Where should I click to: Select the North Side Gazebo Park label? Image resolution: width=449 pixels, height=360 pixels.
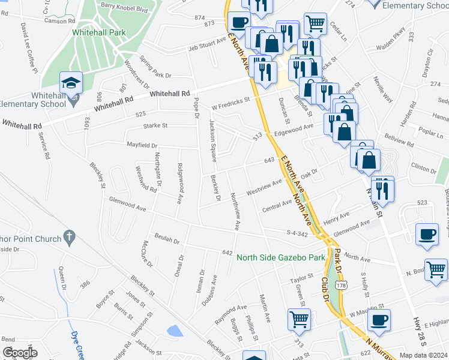tap(280, 257)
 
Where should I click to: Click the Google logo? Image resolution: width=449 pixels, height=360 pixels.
tap(20, 352)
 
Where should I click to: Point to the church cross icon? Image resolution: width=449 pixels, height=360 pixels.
tap(70, 237)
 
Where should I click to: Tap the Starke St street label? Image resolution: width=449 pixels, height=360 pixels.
tap(155, 125)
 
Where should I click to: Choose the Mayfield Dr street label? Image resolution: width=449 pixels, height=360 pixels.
tap(142, 145)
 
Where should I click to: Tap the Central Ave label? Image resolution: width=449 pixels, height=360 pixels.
tap(277, 206)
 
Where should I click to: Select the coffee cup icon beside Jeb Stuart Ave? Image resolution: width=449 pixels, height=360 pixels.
tap(239, 23)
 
